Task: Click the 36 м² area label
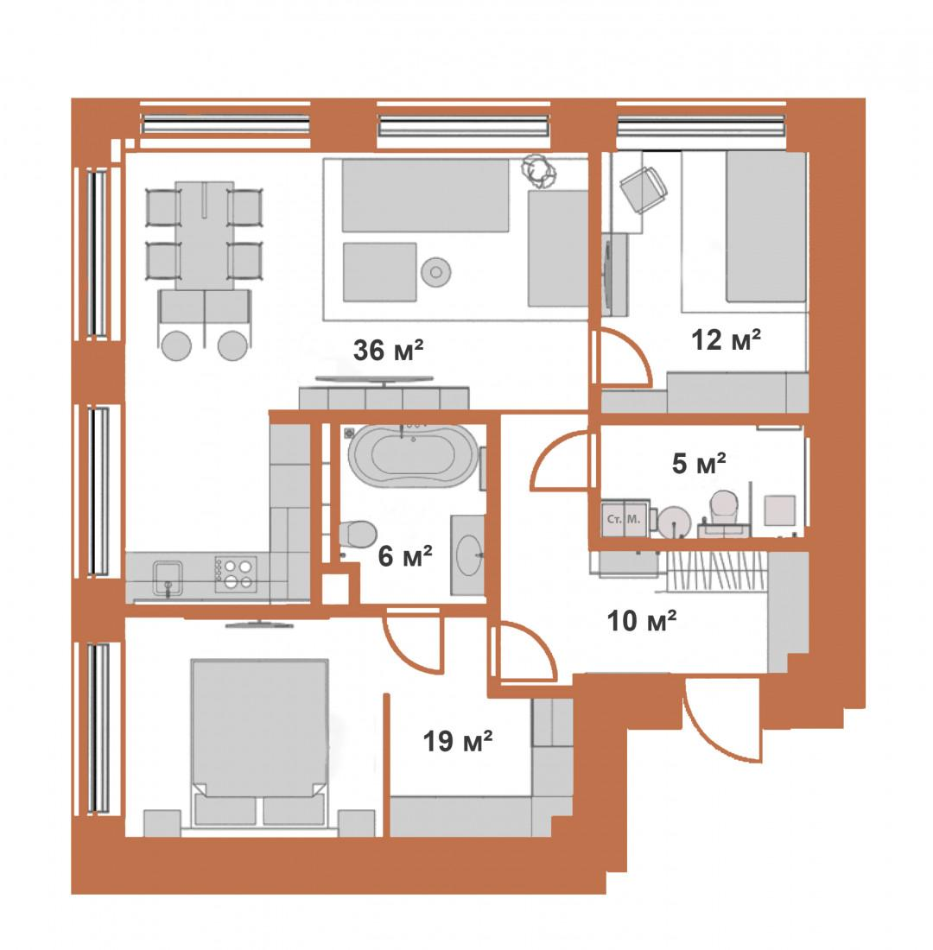(388, 350)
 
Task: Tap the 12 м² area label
(727, 340)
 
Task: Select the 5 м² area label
(699, 464)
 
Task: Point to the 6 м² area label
(405, 555)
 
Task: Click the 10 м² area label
(642, 621)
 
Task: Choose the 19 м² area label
(458, 740)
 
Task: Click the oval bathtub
(411, 455)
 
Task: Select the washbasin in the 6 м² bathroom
(467, 554)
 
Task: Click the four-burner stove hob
(236, 574)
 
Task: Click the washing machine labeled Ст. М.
(625, 519)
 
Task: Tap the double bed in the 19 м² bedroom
(259, 742)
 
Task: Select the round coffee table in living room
(436, 272)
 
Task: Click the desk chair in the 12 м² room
(644, 188)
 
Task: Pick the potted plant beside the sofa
(539, 171)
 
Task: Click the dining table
(204, 235)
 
